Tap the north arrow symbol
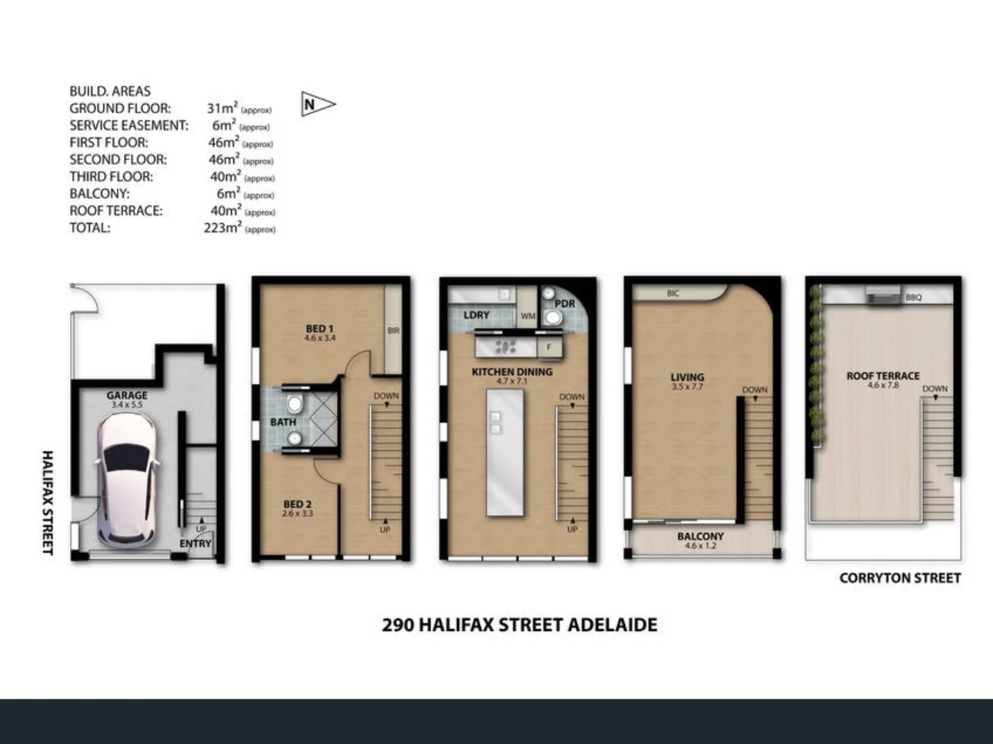pyautogui.click(x=316, y=104)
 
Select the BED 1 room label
pyautogui.click(x=319, y=329)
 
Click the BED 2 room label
pyautogui.click(x=297, y=505)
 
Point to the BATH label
pyautogui.click(x=283, y=422)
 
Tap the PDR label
pyautogui.click(x=564, y=303)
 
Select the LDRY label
pyautogui.click(x=476, y=315)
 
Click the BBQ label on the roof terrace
pyautogui.click(x=913, y=297)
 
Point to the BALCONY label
pyautogui.click(x=700, y=536)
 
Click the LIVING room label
pyautogui.click(x=687, y=377)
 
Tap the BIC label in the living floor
pyautogui.click(x=673, y=293)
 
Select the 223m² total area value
pyautogui.click(x=222, y=228)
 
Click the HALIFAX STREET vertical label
pyautogui.click(x=48, y=502)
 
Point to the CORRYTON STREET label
pyautogui.click(x=899, y=578)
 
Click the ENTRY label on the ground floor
pyautogui.click(x=195, y=543)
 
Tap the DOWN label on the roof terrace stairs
pyautogui.click(x=934, y=389)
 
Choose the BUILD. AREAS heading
pyautogui.click(x=109, y=91)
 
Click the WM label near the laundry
pyautogui.click(x=527, y=316)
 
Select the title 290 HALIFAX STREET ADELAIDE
pyautogui.click(x=520, y=625)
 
